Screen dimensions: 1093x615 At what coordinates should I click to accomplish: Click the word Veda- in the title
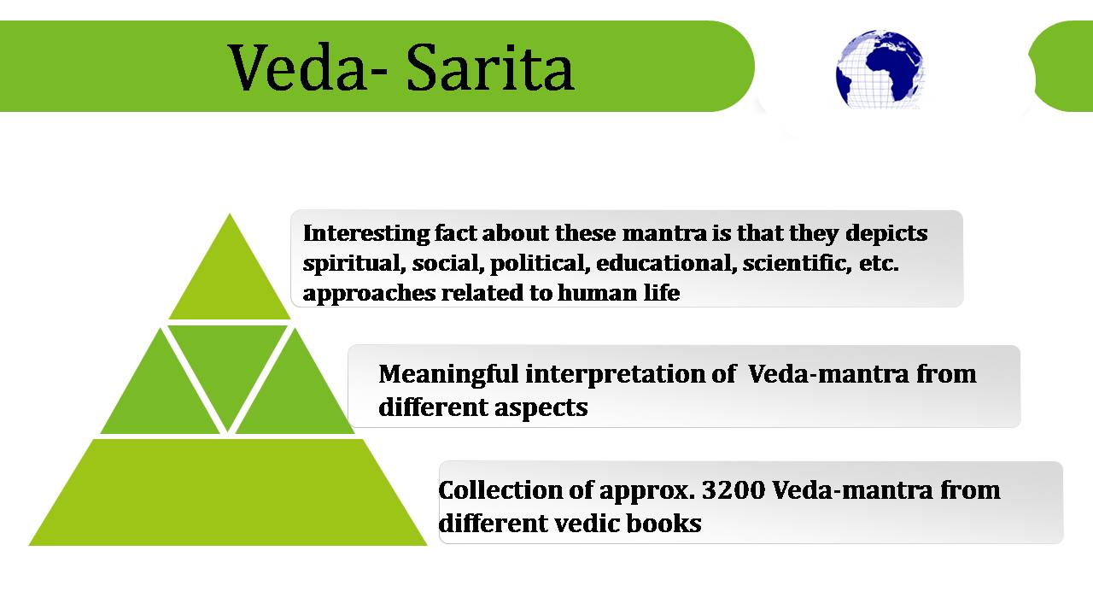[308, 67]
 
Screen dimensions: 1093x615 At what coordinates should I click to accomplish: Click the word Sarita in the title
[490, 67]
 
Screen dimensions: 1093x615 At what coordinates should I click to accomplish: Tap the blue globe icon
[880, 69]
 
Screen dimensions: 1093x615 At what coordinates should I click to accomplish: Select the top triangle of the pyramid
[230, 278]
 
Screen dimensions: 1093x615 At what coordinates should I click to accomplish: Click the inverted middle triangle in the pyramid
[227, 366]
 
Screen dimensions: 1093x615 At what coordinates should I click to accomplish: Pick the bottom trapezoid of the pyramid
[228, 492]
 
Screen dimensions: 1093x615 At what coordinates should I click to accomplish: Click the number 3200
[734, 490]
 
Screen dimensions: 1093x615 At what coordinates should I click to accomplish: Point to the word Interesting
[366, 233]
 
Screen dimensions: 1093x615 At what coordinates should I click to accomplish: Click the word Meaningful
[448, 375]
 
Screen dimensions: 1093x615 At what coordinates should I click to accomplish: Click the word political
[537, 264]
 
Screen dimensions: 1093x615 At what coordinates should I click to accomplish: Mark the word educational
[666, 263]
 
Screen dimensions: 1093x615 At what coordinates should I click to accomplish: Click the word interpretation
[614, 375]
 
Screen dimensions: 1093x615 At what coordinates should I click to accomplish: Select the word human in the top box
[597, 293]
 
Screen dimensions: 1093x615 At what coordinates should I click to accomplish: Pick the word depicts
[886, 234]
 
